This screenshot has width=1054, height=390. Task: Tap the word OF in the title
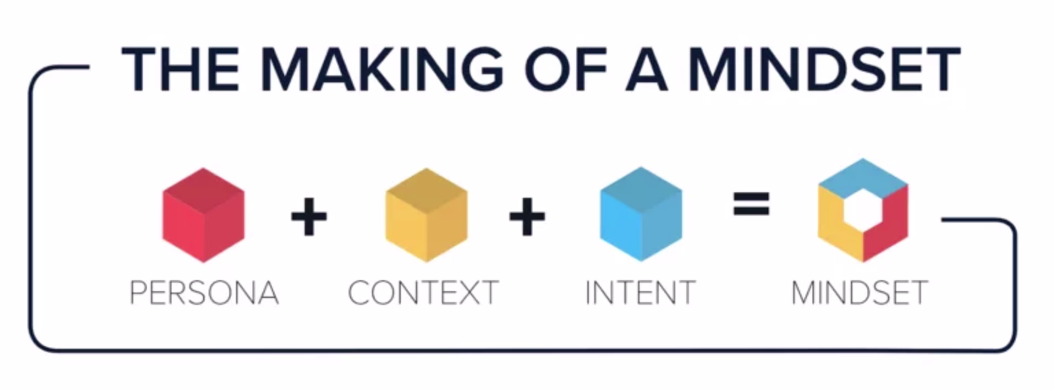pyautogui.click(x=565, y=70)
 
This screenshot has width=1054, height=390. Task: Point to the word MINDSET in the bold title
pyautogui.click(x=823, y=70)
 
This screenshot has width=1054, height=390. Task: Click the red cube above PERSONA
pyautogui.click(x=203, y=215)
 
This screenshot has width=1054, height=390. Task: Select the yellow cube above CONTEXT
pyautogui.click(x=426, y=215)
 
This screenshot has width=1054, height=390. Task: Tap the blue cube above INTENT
pyautogui.click(x=641, y=214)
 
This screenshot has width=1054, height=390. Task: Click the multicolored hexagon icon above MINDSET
pyautogui.click(x=862, y=210)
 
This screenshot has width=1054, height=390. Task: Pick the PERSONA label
pyautogui.click(x=204, y=293)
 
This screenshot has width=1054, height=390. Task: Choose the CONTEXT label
pyautogui.click(x=423, y=293)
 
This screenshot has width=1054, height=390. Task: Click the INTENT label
pyautogui.click(x=640, y=293)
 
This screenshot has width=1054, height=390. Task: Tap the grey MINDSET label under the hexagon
pyautogui.click(x=859, y=293)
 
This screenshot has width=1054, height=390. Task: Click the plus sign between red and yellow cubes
pyautogui.click(x=309, y=216)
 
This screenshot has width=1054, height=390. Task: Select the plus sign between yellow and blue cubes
pyautogui.click(x=527, y=216)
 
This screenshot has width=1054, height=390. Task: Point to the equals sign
pyautogui.click(x=751, y=203)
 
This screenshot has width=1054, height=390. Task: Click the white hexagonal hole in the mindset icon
pyautogui.click(x=863, y=209)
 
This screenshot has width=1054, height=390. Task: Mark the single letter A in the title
pyautogui.click(x=646, y=70)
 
